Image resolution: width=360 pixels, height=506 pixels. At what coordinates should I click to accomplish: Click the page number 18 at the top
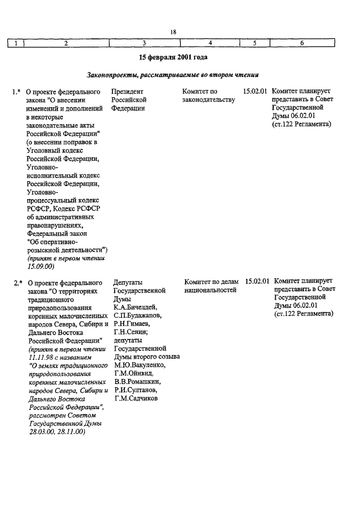click(x=173, y=32)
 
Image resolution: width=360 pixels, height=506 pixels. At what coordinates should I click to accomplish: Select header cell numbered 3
click(x=144, y=43)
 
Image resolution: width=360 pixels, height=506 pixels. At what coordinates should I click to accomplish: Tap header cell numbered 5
click(x=254, y=43)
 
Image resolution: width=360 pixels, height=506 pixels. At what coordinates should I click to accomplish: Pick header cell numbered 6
click(x=302, y=43)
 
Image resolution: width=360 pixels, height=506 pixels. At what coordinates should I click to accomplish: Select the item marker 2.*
click(x=17, y=282)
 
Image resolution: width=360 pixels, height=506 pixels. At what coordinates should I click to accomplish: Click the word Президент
click(x=127, y=91)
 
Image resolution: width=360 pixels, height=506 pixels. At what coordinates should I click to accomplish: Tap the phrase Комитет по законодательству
click(x=208, y=96)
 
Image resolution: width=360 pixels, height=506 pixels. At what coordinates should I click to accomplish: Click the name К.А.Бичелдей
click(x=135, y=307)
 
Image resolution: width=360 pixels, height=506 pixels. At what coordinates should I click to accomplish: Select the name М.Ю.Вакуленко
click(x=138, y=365)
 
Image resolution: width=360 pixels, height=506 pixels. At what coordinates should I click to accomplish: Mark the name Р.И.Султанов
click(x=135, y=390)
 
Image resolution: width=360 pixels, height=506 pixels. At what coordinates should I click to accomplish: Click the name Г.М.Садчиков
click(x=136, y=399)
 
